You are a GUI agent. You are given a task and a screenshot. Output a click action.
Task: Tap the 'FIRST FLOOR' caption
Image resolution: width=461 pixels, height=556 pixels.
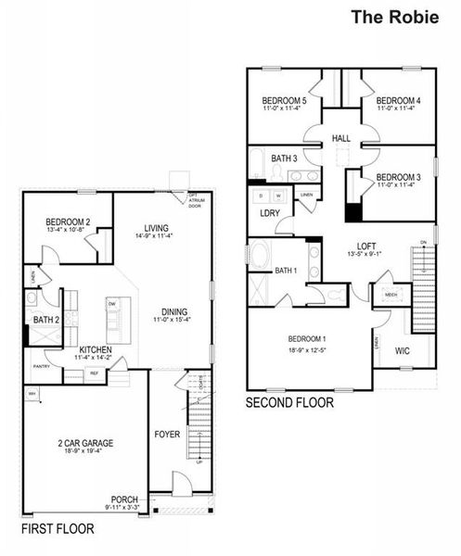[58, 529]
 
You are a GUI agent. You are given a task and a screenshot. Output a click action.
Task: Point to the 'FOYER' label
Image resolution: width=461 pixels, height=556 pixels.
[167, 433]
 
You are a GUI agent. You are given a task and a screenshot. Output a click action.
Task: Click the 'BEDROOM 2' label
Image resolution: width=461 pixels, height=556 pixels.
[68, 221]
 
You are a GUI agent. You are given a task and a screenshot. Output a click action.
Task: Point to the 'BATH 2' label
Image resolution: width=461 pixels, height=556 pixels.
[45, 321]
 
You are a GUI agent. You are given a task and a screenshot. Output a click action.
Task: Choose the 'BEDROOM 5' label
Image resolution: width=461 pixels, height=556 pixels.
[284, 100]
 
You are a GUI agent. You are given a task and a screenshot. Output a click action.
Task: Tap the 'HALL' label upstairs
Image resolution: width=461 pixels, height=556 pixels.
[340, 139]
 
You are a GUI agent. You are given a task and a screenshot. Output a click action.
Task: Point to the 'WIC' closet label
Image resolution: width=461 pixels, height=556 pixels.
[403, 351]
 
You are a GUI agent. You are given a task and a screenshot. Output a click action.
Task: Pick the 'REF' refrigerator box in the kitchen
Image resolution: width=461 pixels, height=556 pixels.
[94, 373]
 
